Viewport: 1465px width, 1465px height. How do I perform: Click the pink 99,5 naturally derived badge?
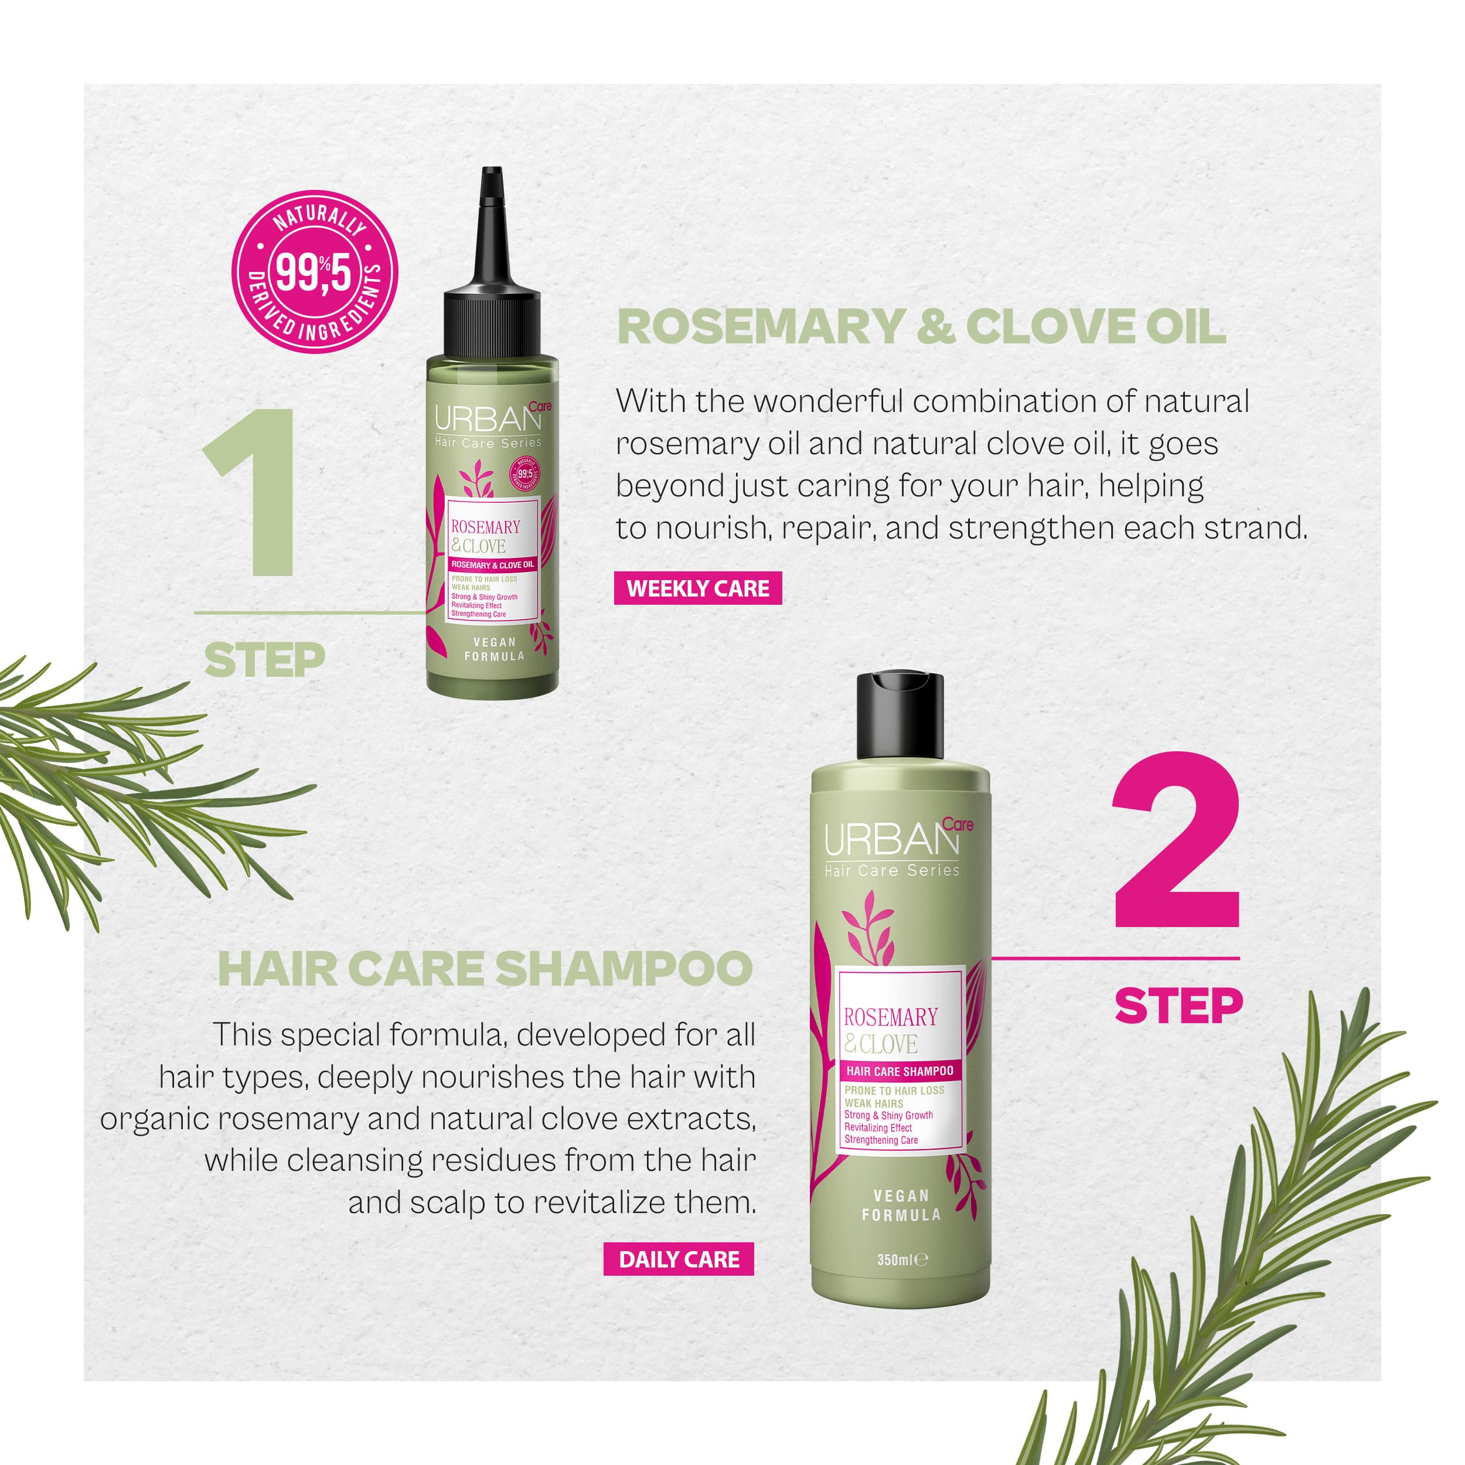[315, 271]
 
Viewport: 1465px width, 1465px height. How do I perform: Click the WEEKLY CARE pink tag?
[697, 588]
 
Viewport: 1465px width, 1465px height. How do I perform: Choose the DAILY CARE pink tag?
[679, 1259]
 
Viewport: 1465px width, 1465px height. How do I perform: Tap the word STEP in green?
[265, 660]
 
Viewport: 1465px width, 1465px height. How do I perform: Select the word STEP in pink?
[1179, 1006]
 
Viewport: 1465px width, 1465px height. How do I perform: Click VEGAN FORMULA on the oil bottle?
[495, 649]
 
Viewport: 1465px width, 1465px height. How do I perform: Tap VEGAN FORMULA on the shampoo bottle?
[902, 1205]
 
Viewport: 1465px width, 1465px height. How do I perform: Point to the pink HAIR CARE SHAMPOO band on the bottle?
[900, 1071]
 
